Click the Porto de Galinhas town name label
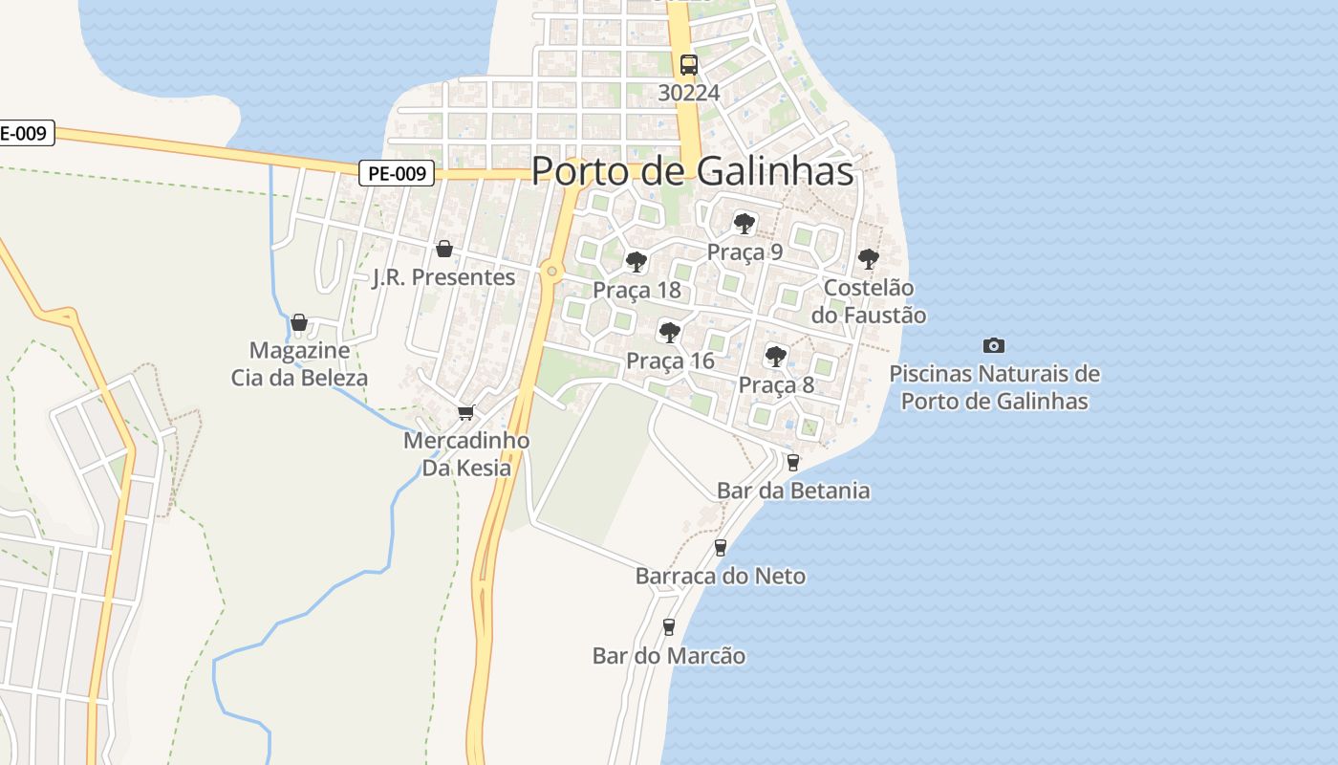click(692, 171)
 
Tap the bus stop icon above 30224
click(688, 65)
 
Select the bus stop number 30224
click(688, 93)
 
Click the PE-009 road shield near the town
click(398, 173)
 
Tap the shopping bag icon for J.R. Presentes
click(444, 250)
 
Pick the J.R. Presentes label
click(444, 277)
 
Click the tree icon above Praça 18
click(637, 262)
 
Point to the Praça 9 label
click(745, 252)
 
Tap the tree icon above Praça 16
click(670, 333)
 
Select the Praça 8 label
click(776, 385)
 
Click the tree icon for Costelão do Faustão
click(868, 258)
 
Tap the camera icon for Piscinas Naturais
click(994, 345)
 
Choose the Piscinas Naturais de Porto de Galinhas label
click(994, 387)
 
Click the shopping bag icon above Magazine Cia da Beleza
click(299, 322)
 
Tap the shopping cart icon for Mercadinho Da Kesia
click(465, 412)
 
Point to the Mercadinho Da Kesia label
click(466, 454)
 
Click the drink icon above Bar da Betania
click(792, 463)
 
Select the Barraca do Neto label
click(721, 577)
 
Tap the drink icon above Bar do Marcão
click(669, 627)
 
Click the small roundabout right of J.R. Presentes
click(551, 272)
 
